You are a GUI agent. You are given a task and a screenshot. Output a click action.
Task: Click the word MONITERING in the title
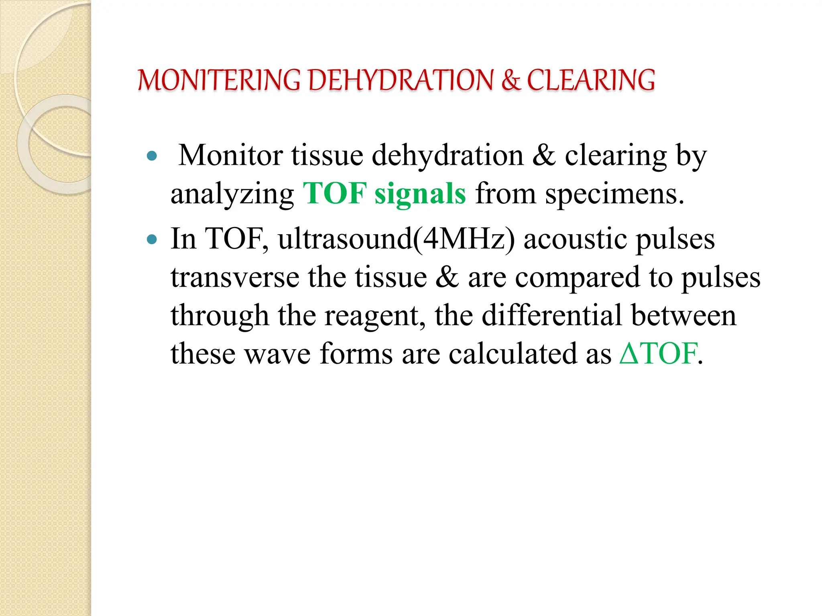coord(219,80)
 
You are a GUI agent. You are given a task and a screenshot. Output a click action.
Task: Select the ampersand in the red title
coord(511,80)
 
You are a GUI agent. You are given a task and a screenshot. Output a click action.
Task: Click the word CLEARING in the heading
coord(591,80)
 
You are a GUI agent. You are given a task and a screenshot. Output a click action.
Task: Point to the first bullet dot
coord(152,156)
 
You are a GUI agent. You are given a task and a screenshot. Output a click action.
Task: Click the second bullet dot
coord(152,240)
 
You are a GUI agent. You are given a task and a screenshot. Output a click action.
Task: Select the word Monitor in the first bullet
coord(230,155)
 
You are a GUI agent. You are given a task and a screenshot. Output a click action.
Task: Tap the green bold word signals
coord(420,194)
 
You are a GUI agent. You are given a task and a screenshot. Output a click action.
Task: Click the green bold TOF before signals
coord(335,194)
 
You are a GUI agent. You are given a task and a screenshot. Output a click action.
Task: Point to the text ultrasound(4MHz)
coord(396,239)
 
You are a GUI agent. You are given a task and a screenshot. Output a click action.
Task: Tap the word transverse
coord(235,278)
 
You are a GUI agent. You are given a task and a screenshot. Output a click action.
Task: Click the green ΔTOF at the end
coord(658,354)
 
